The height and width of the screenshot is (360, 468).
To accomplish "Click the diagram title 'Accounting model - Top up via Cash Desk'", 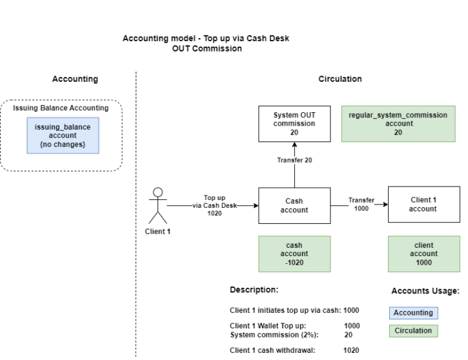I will point(206,39).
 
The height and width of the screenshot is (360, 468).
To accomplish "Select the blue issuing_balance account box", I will point(63,135).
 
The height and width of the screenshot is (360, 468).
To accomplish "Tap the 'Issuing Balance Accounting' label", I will point(61,108).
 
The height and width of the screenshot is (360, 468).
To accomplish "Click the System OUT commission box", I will point(294,124).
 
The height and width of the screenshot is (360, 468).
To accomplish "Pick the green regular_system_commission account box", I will point(398,124).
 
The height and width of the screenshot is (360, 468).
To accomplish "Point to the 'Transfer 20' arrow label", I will point(294,160).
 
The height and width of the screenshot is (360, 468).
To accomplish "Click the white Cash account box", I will point(294,205).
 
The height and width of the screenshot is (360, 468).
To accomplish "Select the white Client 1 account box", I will point(423,205).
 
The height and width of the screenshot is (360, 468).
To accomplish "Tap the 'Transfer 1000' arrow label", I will point(361,205).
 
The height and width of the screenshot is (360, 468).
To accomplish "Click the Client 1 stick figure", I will point(158,206).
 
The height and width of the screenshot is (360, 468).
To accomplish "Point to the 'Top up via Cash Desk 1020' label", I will point(214,205).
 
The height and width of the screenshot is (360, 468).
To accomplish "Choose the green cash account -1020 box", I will point(294,254).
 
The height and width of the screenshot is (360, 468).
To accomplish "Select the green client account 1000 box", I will point(423,254).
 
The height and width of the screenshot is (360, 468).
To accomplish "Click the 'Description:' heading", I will point(254,290).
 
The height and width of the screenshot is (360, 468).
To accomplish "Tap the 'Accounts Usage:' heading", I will point(425,291).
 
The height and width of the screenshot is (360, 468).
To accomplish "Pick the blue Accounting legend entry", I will point(413,313).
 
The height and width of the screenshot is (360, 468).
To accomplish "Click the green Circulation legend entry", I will point(413,331).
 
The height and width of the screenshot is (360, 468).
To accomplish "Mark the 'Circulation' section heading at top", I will point(340,79).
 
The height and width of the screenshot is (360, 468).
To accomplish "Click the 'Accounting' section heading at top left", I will point(75,79).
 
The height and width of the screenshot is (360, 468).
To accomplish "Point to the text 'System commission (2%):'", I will point(274,335).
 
